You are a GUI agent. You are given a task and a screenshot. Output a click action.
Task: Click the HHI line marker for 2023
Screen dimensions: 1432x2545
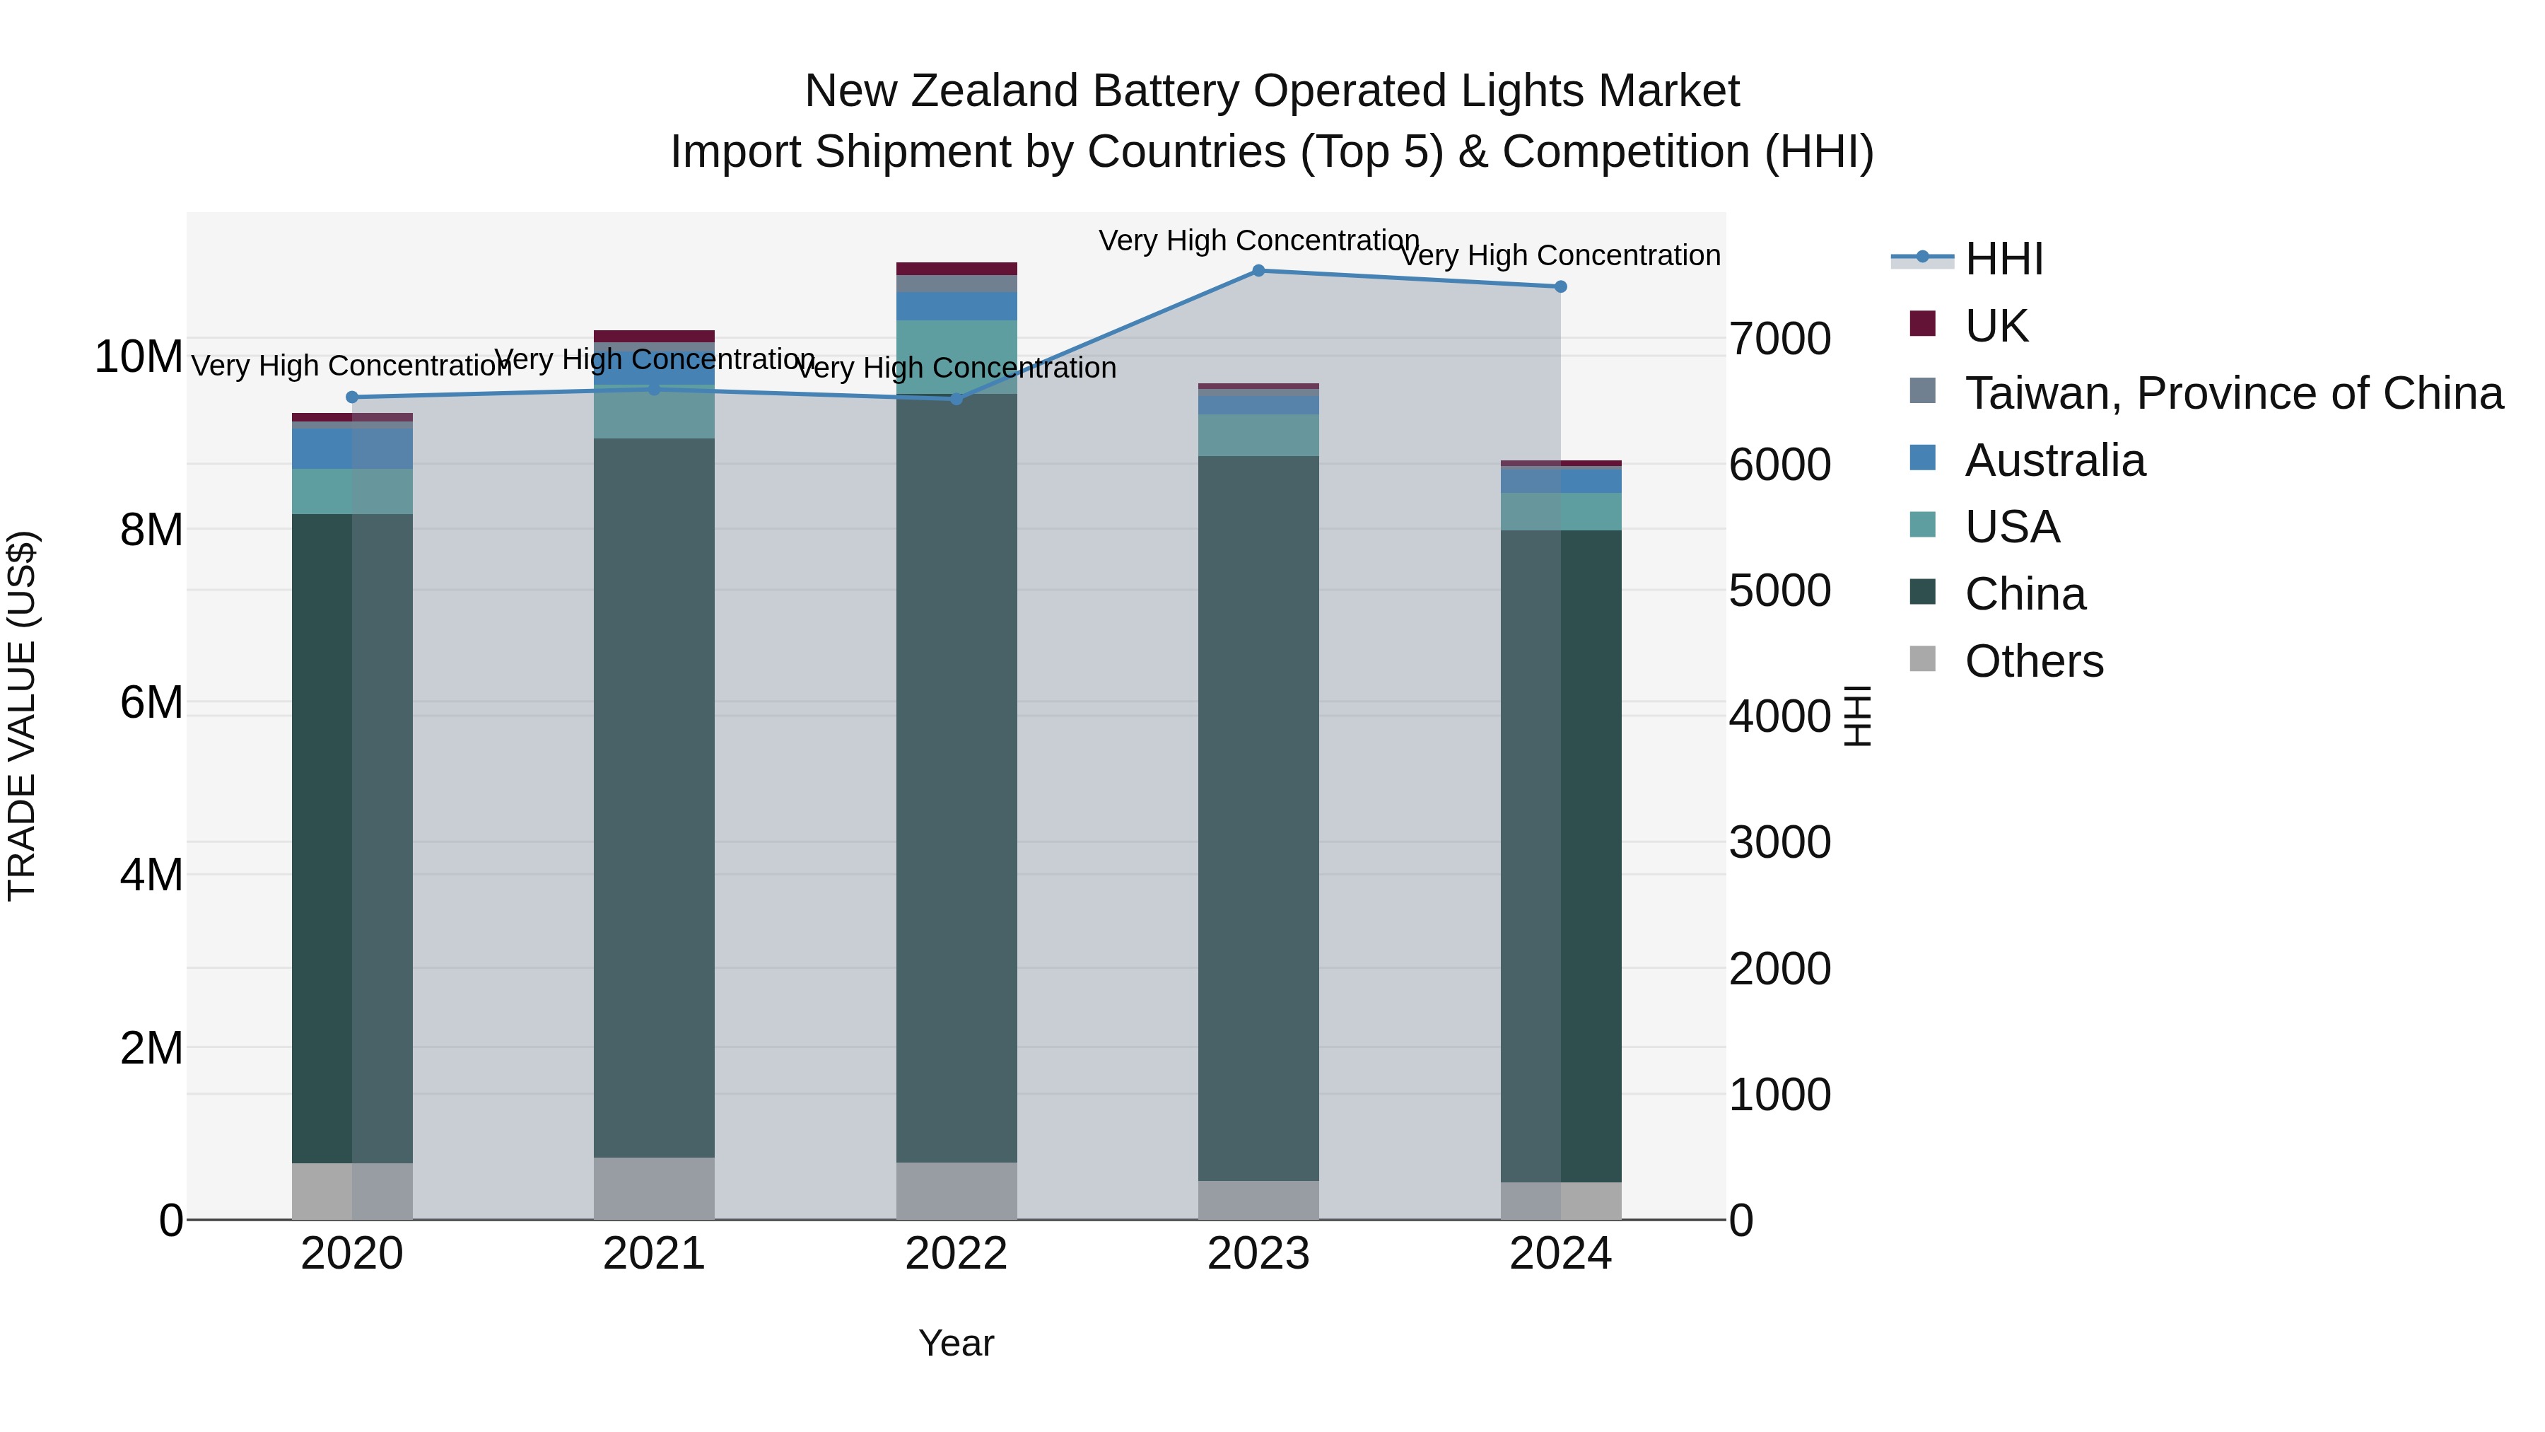pos(1258,271)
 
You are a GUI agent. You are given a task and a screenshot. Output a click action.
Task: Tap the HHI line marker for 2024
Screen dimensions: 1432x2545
pos(1560,286)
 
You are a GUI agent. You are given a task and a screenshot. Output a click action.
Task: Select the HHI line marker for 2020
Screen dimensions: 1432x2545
pos(352,397)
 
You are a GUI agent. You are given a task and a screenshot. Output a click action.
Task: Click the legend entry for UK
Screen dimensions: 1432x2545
pos(1996,326)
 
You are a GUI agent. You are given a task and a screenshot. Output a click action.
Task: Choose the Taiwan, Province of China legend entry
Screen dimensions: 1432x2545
pos(2233,393)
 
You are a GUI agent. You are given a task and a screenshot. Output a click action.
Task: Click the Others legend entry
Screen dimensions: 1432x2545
pos(2033,661)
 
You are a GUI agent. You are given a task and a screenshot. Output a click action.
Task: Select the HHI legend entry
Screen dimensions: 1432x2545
pos(2003,259)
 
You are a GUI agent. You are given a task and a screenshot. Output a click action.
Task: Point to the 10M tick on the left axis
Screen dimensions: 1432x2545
pos(139,357)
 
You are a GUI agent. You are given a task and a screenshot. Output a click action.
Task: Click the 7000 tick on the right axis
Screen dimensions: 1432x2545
pos(1779,339)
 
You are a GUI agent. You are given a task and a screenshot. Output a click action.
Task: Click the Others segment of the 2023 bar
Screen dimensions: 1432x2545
pos(1258,1200)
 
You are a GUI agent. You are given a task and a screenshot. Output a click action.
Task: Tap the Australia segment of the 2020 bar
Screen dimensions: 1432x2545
pos(352,448)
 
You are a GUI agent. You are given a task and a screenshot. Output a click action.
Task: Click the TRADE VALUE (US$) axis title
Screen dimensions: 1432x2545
pos(22,716)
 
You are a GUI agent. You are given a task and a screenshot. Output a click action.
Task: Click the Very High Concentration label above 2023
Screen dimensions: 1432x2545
pos(1258,240)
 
